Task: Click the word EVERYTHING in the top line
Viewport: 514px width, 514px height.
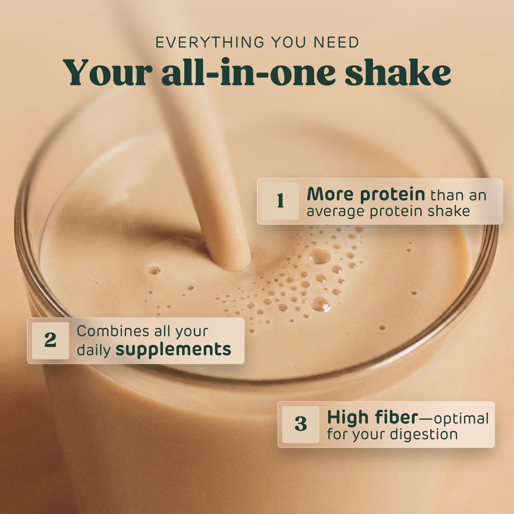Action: click(210, 43)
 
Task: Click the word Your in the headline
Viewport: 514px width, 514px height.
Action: click(107, 72)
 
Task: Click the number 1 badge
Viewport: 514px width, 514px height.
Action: click(280, 201)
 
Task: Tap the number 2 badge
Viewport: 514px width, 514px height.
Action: click(50, 341)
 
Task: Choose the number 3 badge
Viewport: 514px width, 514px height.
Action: click(301, 425)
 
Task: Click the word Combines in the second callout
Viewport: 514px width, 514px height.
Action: click(113, 331)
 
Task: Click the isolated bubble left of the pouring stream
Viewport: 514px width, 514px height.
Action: click(154, 270)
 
